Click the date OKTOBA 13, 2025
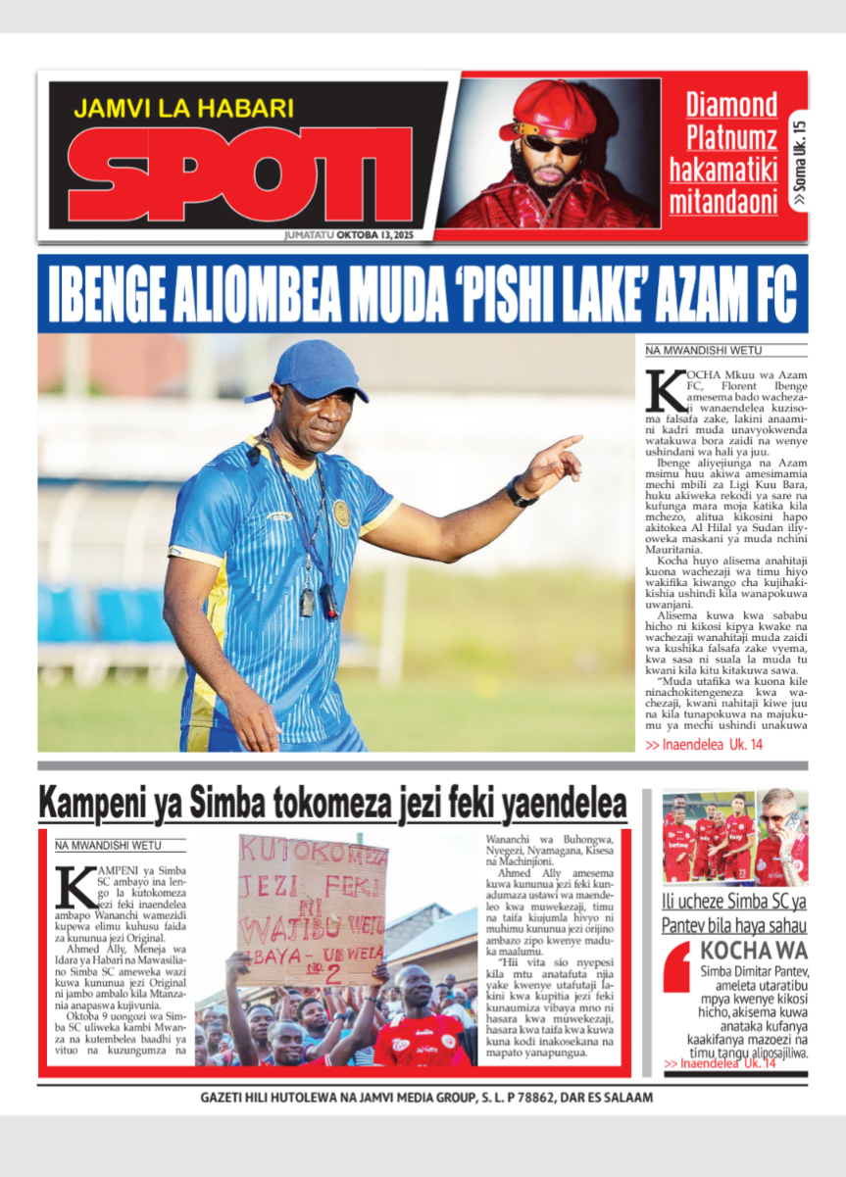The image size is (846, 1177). pyautogui.click(x=364, y=235)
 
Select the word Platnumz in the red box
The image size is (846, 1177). pyautogui.click(x=731, y=136)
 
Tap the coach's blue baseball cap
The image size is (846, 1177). pyautogui.click(x=310, y=371)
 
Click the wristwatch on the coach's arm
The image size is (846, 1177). pyautogui.click(x=521, y=492)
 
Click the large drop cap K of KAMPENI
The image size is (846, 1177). pyautogui.click(x=75, y=888)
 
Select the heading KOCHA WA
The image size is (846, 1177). pyautogui.click(x=754, y=950)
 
